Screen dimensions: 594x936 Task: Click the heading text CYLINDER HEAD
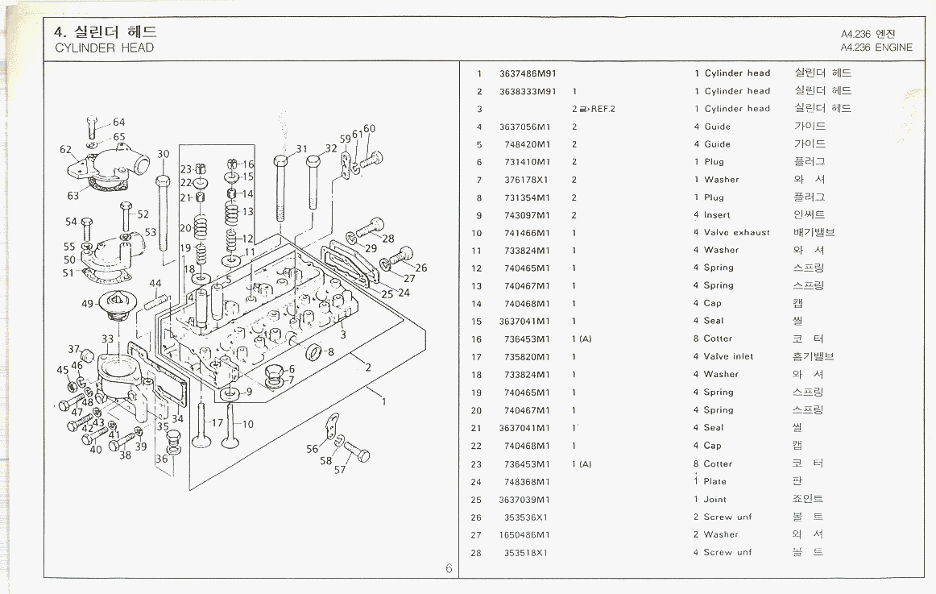pyautogui.click(x=104, y=48)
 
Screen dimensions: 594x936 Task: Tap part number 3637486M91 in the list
pyautogui.click(x=528, y=73)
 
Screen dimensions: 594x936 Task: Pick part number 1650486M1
pyautogui.click(x=524, y=534)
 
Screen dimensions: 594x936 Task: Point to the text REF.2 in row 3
pyautogui.click(x=602, y=109)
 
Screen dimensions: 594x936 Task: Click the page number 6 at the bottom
pyautogui.click(x=449, y=568)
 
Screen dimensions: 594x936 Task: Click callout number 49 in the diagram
pyautogui.click(x=88, y=304)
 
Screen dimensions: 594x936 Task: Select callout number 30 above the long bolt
pyautogui.click(x=164, y=154)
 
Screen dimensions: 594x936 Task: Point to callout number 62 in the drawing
pyautogui.click(x=66, y=149)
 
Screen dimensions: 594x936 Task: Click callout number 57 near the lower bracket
pyautogui.click(x=339, y=470)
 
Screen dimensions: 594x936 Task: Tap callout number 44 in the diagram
pyautogui.click(x=155, y=284)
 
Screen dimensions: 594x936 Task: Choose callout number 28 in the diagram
pyautogui.click(x=388, y=239)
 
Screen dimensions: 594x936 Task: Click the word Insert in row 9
pyautogui.click(x=717, y=215)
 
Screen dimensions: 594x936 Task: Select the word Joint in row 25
pyautogui.click(x=714, y=499)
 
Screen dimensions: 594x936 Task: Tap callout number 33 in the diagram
pyautogui.click(x=108, y=339)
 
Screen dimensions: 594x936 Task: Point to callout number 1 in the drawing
pyautogui.click(x=384, y=401)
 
